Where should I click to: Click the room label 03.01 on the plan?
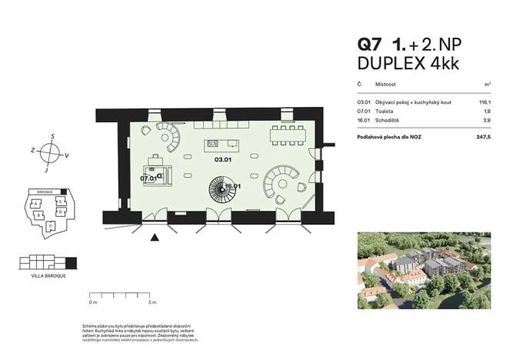pos(223,161)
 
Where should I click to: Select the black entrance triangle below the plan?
pos(156,238)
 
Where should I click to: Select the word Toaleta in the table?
pos(384,111)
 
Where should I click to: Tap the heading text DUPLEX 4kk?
pos(408,64)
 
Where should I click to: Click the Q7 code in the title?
pos(370,45)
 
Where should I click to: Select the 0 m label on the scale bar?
pos(93,303)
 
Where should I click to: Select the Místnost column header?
pos(385,84)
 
